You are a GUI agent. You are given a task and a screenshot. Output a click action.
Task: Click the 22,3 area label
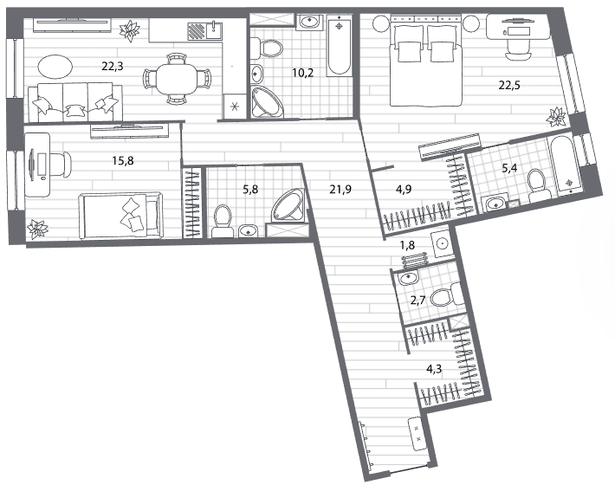(113, 67)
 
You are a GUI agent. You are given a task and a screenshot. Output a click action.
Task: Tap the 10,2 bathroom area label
(303, 73)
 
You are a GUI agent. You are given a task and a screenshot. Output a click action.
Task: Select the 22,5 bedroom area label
(509, 85)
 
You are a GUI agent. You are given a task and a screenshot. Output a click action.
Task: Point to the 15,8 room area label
(123, 161)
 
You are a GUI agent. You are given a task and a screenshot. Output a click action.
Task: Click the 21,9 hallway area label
(340, 190)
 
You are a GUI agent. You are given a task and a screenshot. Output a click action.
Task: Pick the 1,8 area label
(407, 245)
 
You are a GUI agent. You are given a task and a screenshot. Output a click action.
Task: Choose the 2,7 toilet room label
(418, 301)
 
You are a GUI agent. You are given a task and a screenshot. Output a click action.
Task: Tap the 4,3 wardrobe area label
(434, 369)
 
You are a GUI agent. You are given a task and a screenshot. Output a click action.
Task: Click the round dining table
(176, 79)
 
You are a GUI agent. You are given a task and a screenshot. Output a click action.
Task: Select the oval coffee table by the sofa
(55, 67)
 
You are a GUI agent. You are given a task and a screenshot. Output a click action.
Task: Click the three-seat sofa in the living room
(74, 102)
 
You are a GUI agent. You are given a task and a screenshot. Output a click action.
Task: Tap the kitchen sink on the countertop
(214, 30)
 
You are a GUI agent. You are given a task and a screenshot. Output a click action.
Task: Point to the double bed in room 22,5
(425, 60)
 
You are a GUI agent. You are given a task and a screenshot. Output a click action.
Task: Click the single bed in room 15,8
(120, 216)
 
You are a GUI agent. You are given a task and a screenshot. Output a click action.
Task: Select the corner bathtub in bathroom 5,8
(288, 206)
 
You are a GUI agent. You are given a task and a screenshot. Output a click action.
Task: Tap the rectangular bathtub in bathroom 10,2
(340, 45)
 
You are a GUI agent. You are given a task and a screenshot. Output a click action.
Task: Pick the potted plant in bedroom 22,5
(556, 117)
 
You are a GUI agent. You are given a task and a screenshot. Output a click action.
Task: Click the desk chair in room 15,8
(60, 164)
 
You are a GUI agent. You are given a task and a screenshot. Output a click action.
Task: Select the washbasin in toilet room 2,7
(408, 278)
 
